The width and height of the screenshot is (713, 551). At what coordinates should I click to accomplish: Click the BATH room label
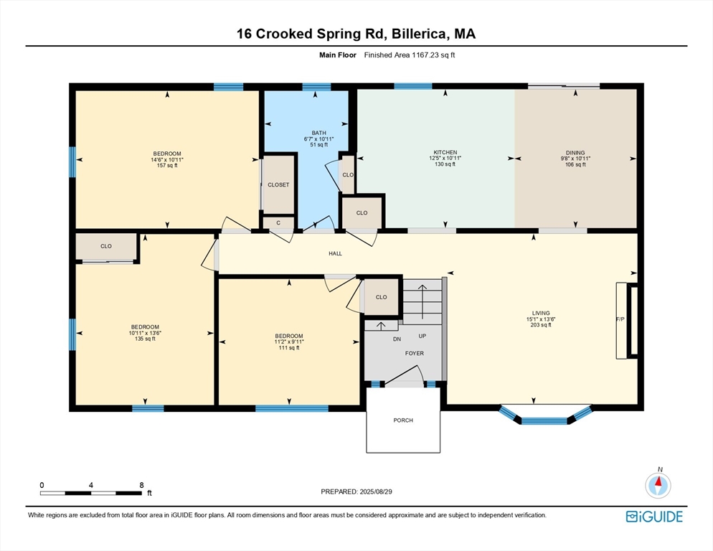318,133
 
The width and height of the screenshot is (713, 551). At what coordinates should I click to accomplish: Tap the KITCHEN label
445,152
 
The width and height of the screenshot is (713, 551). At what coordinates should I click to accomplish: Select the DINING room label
575,153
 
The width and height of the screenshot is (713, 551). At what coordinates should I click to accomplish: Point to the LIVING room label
541,313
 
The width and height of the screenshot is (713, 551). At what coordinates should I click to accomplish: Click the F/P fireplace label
620,319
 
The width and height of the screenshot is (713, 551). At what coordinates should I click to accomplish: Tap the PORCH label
403,420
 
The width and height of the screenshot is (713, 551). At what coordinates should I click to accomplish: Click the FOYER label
415,353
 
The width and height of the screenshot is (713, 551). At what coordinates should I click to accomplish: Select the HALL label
335,253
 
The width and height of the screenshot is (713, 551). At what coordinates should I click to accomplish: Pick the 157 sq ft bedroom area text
167,166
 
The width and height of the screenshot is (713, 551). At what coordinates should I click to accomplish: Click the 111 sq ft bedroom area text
289,348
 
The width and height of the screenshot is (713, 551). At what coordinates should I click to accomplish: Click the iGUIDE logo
654,517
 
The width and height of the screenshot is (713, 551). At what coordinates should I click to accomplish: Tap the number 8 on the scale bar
142,485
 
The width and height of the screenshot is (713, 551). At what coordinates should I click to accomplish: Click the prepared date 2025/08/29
376,491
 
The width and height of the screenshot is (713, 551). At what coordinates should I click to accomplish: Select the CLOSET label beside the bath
278,184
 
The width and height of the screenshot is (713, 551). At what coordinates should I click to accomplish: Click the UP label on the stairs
422,336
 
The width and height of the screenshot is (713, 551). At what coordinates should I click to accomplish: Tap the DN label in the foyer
397,339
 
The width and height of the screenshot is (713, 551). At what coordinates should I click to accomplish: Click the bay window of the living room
544,415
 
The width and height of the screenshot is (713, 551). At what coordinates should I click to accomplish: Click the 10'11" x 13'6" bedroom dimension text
145,333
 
